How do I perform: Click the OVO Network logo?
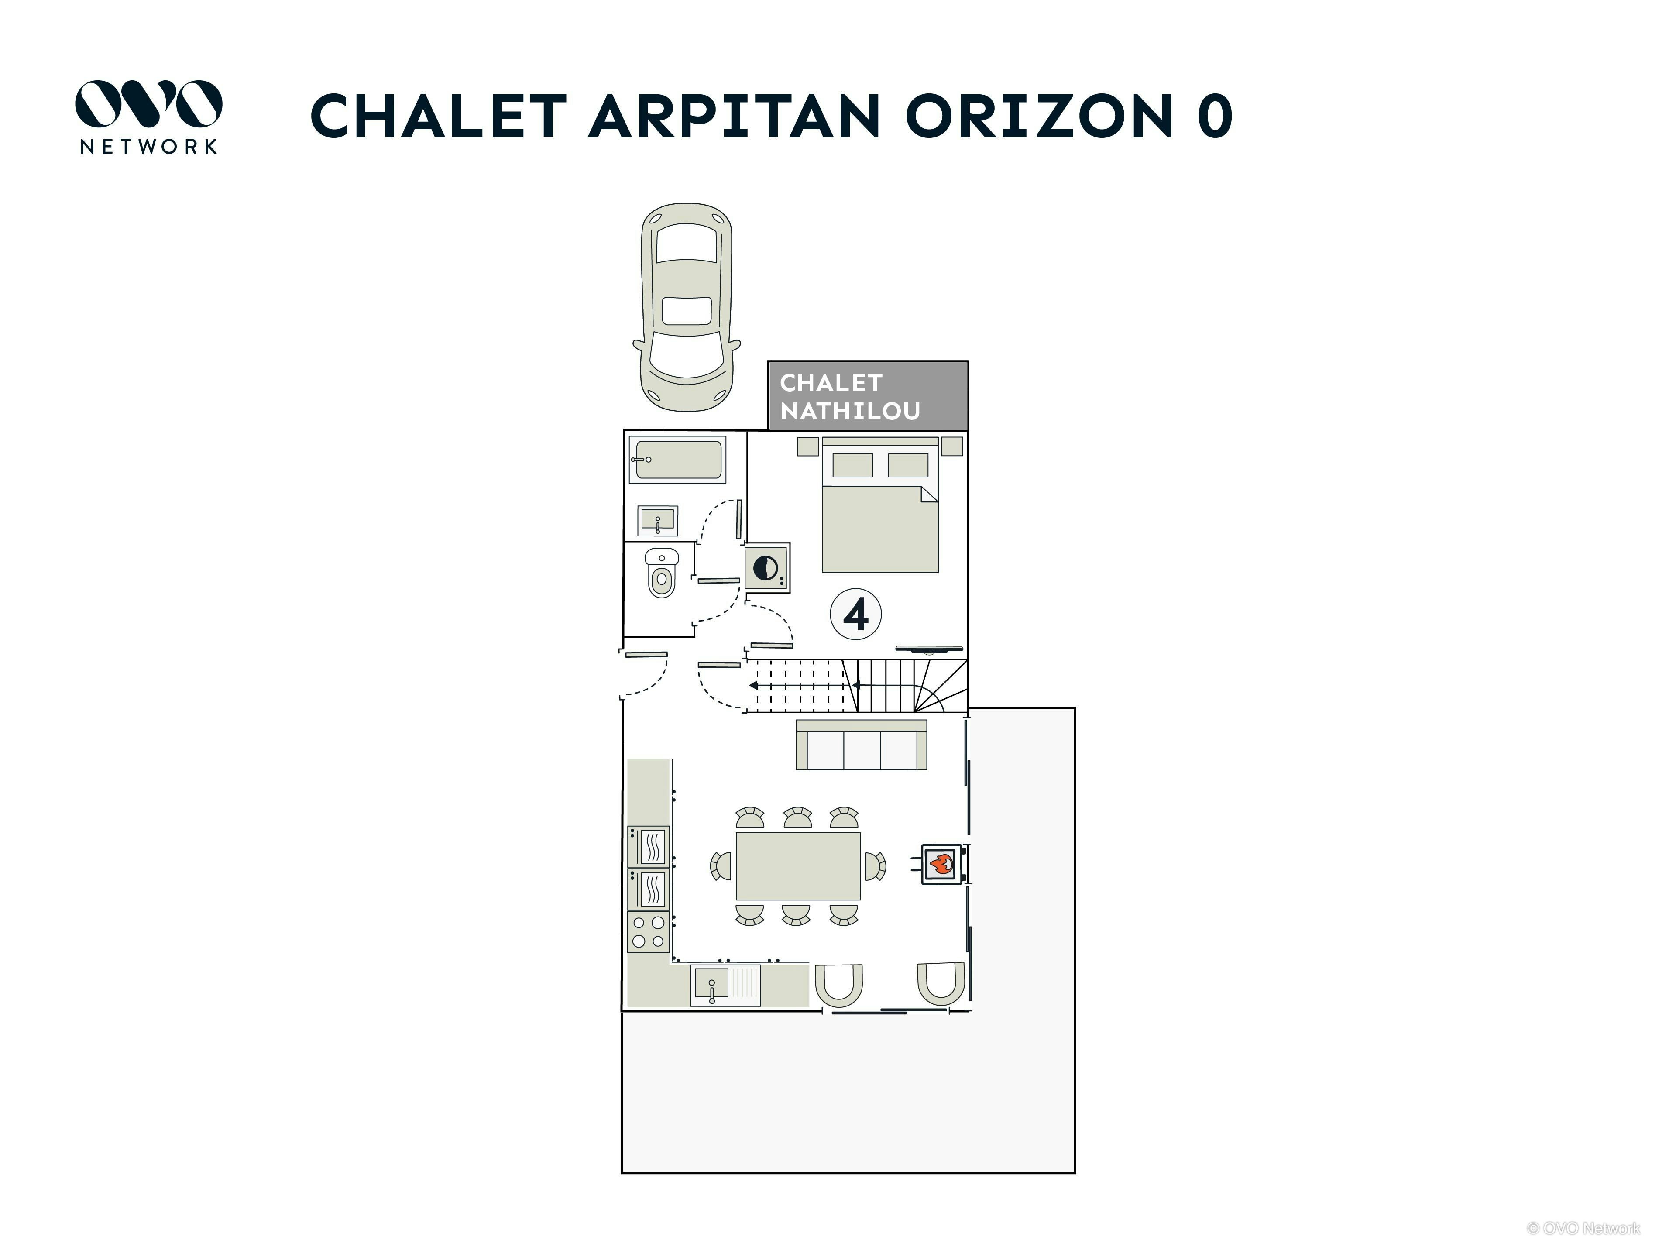tap(148, 117)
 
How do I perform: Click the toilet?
tap(662, 573)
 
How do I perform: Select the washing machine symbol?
tap(767, 567)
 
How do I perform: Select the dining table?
tap(798, 866)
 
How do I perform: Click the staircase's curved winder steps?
tap(940, 686)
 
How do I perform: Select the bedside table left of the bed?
tap(808, 446)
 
